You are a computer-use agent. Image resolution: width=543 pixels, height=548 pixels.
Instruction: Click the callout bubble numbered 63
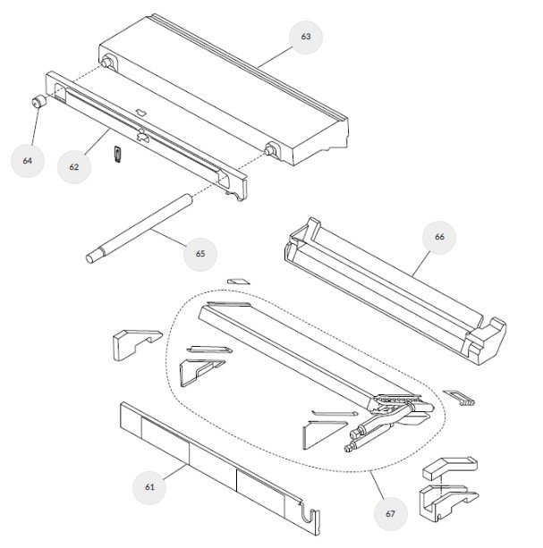[306, 37]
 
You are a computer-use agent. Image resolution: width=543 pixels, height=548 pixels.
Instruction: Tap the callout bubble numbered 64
[28, 161]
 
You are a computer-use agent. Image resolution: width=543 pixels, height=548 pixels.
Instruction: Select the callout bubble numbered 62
[74, 167]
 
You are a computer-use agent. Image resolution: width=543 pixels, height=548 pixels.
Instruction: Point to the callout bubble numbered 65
[200, 254]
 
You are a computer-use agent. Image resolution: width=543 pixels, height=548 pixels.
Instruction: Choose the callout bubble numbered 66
[439, 237]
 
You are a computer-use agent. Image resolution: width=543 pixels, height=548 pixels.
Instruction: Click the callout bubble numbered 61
[149, 487]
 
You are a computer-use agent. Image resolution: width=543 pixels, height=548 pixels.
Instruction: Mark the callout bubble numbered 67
[391, 514]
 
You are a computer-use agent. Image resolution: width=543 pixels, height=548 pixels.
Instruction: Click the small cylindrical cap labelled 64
[39, 101]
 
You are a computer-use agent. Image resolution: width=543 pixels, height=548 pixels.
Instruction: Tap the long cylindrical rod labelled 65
[140, 229]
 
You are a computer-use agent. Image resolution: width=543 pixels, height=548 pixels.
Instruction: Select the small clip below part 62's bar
[118, 154]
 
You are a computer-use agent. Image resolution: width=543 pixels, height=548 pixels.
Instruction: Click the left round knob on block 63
[106, 63]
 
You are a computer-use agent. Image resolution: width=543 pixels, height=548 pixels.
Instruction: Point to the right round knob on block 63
[270, 150]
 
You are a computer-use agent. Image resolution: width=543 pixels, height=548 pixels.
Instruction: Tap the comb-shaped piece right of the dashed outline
[459, 398]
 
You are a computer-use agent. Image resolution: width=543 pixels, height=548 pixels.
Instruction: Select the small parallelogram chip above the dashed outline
[239, 282]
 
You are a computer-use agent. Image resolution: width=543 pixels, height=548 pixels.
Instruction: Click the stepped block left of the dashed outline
[137, 344]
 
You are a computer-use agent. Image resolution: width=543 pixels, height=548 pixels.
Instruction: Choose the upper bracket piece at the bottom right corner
[450, 468]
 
